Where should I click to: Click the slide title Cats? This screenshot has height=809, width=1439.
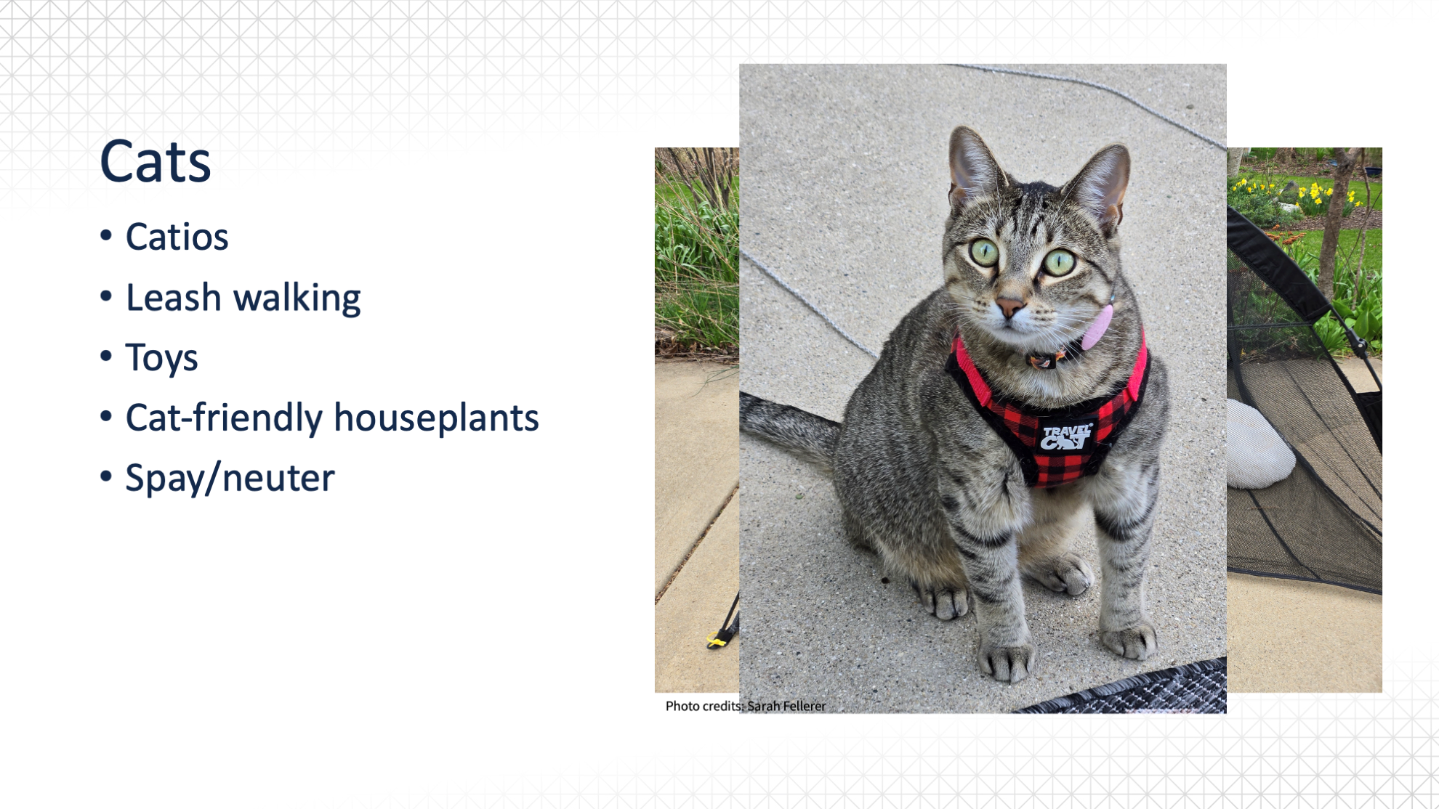click(156, 161)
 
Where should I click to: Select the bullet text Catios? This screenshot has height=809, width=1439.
click(177, 237)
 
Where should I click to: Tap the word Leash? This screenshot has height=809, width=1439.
click(173, 297)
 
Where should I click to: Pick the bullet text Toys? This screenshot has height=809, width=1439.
click(161, 358)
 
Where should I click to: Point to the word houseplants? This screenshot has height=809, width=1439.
click(436, 418)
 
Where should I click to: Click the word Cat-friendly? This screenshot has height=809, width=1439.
click(224, 418)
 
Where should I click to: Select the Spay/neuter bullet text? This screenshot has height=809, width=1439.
click(230, 479)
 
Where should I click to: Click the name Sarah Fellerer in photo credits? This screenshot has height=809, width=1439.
click(786, 706)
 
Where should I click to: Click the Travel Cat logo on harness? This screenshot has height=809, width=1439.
click(1066, 437)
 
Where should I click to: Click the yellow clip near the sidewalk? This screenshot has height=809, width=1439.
click(717, 639)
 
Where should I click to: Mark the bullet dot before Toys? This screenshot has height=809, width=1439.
click(107, 356)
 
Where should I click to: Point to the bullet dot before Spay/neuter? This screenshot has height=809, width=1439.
click(107, 476)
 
